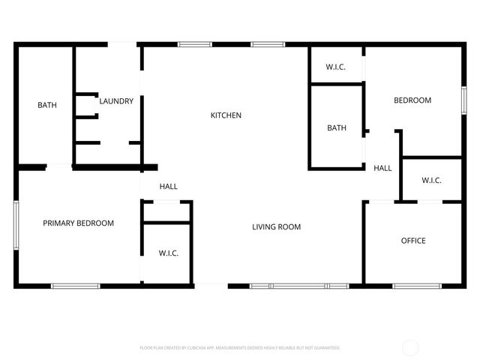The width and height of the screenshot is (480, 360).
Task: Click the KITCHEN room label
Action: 226,115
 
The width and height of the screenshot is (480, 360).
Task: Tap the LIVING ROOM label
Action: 276,226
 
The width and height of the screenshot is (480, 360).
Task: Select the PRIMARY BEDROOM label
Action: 78,223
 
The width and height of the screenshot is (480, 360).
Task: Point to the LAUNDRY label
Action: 116,101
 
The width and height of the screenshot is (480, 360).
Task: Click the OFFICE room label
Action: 413,241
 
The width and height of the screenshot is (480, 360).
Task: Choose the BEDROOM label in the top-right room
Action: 412,100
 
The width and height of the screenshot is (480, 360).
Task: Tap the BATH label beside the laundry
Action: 46,105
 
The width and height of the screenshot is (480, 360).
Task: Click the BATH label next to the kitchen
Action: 337,127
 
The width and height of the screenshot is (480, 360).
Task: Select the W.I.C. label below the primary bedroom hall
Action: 168,253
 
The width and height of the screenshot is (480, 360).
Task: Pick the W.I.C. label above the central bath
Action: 335,67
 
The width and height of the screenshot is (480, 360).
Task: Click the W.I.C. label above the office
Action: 431,180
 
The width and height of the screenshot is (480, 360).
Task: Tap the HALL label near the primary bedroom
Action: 169,186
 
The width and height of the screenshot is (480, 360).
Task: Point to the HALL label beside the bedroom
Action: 382,168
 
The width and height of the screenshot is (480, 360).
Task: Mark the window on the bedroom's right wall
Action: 463,100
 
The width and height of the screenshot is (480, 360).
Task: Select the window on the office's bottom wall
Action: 416,286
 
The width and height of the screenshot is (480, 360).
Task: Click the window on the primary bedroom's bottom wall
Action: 75,286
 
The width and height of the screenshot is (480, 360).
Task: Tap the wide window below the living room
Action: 298,286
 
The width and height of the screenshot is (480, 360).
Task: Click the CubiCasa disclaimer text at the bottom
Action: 240,348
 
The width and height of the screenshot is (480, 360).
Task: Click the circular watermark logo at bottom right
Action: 410,347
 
